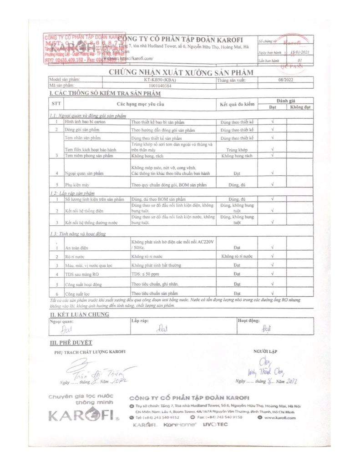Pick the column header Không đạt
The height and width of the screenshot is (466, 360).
pyautogui.click(x=300, y=107)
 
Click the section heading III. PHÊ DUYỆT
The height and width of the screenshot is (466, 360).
pyautogui.click(x=71, y=342)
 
